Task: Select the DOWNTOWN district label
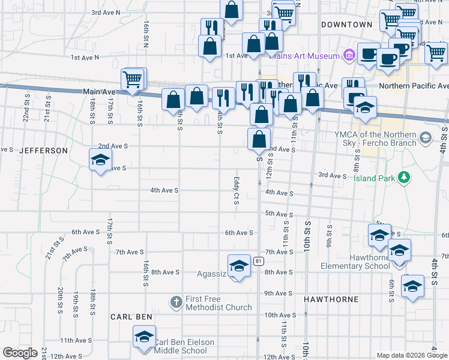coord(347,25)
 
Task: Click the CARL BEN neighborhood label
coord(131,316)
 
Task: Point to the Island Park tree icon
coord(406,177)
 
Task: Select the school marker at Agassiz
coord(239,266)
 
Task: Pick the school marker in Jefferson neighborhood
coord(100,160)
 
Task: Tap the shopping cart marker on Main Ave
coord(133,79)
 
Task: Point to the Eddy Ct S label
coord(237,190)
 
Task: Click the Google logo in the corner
coord(20,353)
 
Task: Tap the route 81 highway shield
coord(258,261)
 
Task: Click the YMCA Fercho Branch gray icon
coord(426,139)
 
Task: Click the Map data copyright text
coord(412,355)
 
